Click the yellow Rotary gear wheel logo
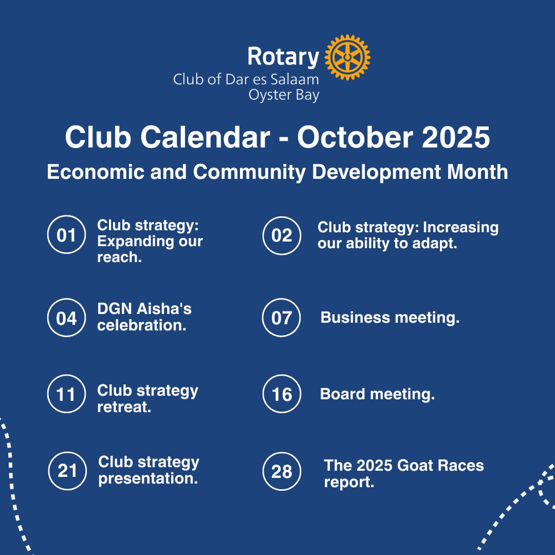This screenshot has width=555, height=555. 347,57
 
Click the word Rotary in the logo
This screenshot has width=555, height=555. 283,57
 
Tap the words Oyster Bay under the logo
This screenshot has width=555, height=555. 284,95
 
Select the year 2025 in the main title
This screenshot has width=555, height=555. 456,137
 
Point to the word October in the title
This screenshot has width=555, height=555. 355,137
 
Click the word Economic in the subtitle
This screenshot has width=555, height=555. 96,172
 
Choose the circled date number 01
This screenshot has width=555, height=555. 66,234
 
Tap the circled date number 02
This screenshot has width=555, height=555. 282,235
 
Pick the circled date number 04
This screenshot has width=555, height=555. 66,318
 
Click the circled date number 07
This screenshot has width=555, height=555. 282,318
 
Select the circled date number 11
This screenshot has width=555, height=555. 66,394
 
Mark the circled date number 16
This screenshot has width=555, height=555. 282,394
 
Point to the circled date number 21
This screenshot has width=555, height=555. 67,471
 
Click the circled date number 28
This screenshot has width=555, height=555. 282,471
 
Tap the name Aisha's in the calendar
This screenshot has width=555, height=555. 164,309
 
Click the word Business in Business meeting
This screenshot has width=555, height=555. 355,317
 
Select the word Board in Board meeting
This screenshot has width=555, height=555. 342,394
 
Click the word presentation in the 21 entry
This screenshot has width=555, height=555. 148,479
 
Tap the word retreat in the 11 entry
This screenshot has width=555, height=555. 124,407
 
